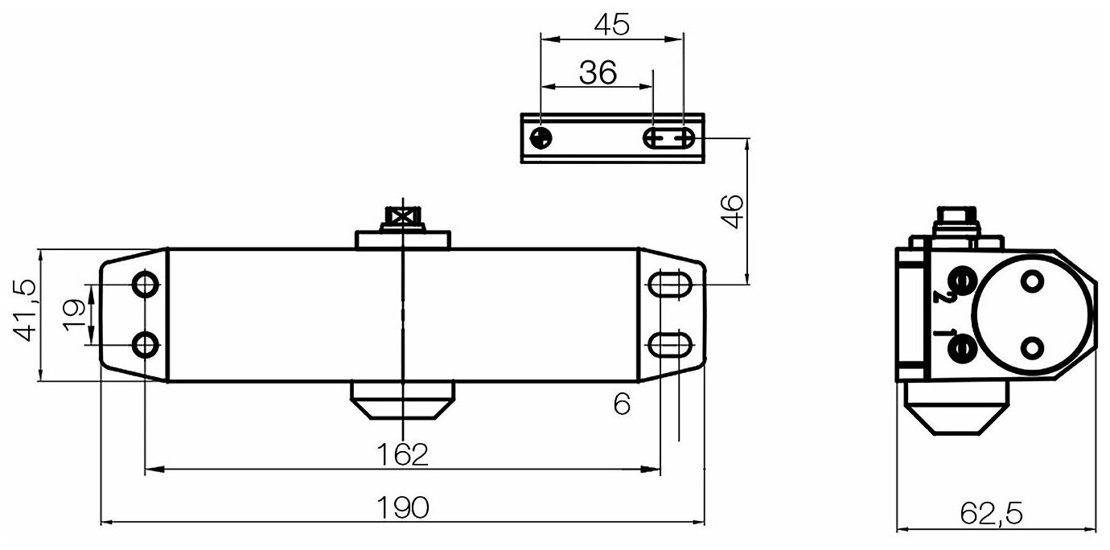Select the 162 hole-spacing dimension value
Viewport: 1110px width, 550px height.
click(401, 454)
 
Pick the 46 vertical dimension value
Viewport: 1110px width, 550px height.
click(733, 212)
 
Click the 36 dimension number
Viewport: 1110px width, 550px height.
click(597, 73)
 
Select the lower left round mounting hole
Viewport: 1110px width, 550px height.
click(146, 346)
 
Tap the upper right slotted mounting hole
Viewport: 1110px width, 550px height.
click(669, 285)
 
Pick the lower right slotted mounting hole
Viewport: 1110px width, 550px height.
click(669, 346)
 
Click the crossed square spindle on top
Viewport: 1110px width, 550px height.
click(401, 217)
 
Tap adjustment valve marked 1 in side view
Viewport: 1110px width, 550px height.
click(960, 347)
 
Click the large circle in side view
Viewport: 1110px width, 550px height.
click(1031, 314)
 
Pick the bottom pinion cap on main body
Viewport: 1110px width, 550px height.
click(401, 400)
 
